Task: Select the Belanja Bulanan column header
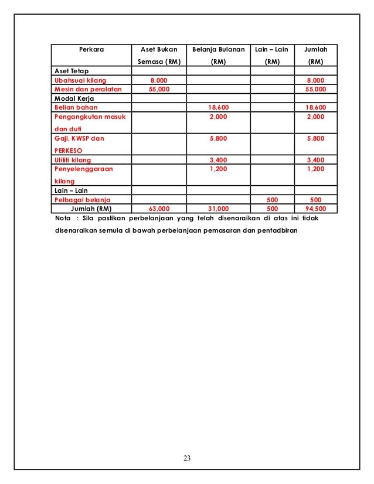pyautogui.click(x=218, y=50)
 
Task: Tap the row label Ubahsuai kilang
pyautogui.click(x=77, y=80)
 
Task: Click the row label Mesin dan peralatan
pyautogui.click(x=84, y=89)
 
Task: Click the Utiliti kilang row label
pyautogui.click(x=73, y=159)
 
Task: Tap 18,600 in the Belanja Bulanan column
pyautogui.click(x=219, y=108)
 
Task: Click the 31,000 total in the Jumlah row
pyautogui.click(x=219, y=208)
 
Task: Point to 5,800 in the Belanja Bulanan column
pyautogui.click(x=219, y=138)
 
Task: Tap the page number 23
pyautogui.click(x=187, y=458)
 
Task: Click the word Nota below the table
pyautogui.click(x=57, y=219)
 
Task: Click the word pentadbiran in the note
pyautogui.click(x=278, y=230)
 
